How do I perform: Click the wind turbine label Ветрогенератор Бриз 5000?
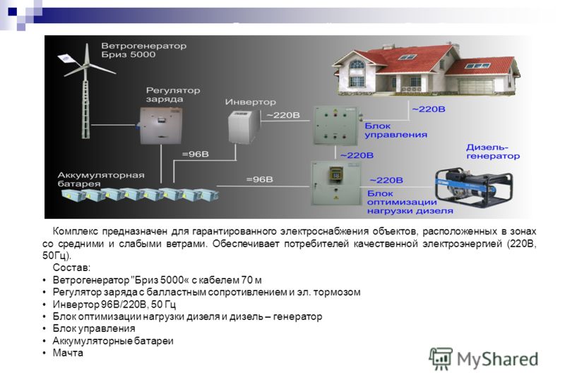coord(144,50)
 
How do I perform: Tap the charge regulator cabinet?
coord(161,126)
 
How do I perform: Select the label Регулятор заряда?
coord(173,95)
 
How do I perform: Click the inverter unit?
coord(244,128)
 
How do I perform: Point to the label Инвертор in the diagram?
coord(251,102)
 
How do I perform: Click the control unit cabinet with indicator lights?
coord(335,126)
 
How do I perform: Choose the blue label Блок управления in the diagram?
coord(395,131)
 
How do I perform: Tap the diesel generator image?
coord(473,186)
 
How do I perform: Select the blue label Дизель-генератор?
coord(492,152)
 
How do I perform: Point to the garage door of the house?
coord(476,86)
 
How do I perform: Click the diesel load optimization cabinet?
coord(336,183)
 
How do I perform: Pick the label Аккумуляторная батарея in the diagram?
coord(101,179)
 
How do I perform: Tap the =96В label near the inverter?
coord(196,154)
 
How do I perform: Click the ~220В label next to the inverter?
coord(283,115)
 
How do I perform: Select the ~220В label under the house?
coord(429,109)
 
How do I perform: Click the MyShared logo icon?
coord(440,359)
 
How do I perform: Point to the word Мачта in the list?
coord(68,353)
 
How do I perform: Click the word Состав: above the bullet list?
coord(71,267)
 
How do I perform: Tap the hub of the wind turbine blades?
coord(86,66)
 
